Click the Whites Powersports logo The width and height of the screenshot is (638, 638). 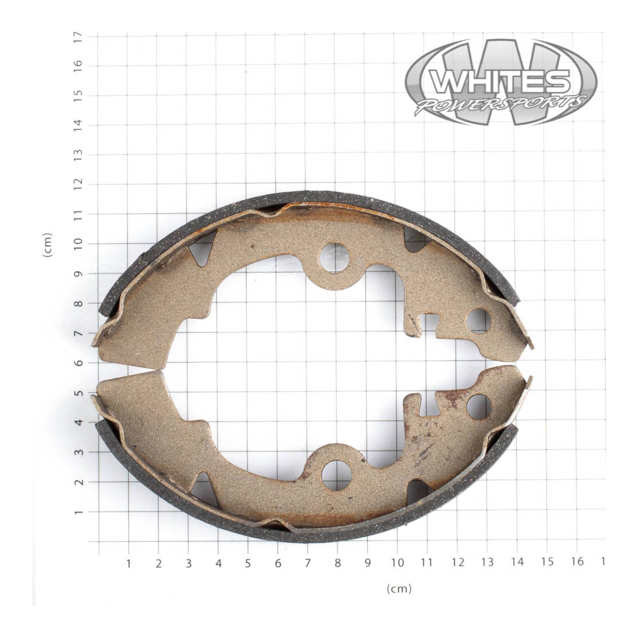[x=501, y=82]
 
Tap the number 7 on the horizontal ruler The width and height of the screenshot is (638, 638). [x=308, y=563]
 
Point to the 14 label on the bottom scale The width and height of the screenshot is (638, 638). [x=517, y=562]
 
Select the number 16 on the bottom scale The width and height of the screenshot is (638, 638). [x=577, y=561]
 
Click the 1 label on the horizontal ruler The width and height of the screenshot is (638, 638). [x=128, y=563]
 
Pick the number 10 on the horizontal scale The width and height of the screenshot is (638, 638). [x=397, y=563]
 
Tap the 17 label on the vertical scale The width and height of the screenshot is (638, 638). [x=78, y=37]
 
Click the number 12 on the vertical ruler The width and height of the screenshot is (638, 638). [x=78, y=184]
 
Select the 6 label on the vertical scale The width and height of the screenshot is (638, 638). [x=78, y=362]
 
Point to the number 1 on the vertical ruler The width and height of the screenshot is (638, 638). [x=78, y=512]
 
